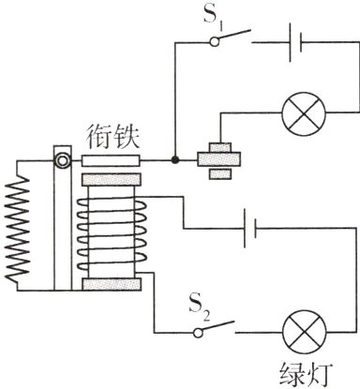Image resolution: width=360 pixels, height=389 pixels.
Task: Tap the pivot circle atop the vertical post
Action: tap(62, 160)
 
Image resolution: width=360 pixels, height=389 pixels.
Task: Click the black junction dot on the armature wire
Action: tap(174, 160)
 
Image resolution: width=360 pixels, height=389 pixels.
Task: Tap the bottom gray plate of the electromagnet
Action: tap(112, 284)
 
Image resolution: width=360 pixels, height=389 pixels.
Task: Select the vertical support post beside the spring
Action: tap(62, 230)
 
